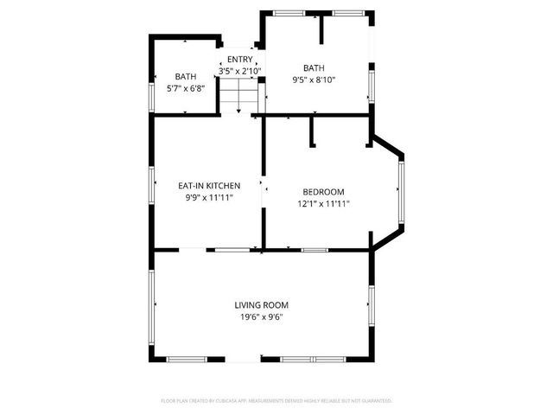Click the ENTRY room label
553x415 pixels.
[x=239, y=60]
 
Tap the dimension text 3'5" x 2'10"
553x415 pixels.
[x=239, y=71]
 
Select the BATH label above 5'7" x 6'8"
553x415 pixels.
[x=185, y=76]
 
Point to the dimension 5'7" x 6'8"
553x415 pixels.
[x=185, y=87]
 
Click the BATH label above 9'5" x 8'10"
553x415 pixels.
[x=313, y=68]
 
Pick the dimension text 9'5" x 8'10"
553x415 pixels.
[x=313, y=80]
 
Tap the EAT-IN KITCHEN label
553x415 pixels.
[x=209, y=186]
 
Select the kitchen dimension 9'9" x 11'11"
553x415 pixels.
[x=209, y=197]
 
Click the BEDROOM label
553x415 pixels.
[x=323, y=192]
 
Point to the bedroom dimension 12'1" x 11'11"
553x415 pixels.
[x=323, y=204]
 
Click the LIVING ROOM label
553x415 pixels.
[x=261, y=305]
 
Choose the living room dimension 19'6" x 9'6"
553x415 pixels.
[x=261, y=317]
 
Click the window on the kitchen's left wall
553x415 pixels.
[x=152, y=185]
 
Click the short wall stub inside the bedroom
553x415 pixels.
[x=312, y=132]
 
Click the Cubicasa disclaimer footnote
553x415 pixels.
[x=276, y=400]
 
